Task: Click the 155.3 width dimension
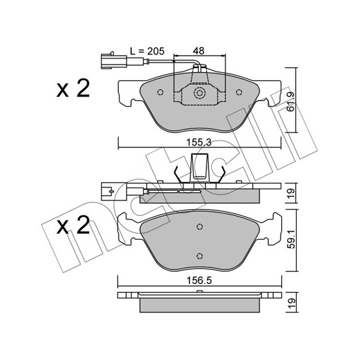click(x=198, y=143)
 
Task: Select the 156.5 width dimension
click(x=199, y=281)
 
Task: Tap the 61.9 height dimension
click(x=291, y=101)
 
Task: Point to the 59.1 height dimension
click(x=292, y=240)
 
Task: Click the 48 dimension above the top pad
click(x=198, y=51)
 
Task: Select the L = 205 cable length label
click(x=147, y=51)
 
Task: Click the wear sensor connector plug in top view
click(x=113, y=61)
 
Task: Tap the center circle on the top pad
click(x=200, y=93)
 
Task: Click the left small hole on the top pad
click(x=160, y=92)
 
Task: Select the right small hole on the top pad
click(x=239, y=92)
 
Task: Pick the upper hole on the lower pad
click(x=200, y=227)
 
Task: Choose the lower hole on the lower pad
click(x=200, y=256)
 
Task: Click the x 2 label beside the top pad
click(x=73, y=88)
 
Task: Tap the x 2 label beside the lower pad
click(x=73, y=225)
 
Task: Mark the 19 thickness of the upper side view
click(x=291, y=193)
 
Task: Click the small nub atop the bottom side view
click(x=200, y=291)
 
